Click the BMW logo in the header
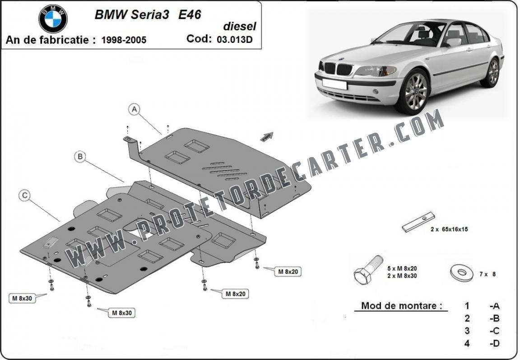click(x=53, y=19)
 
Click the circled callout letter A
click(x=134, y=109)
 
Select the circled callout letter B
click(x=80, y=157)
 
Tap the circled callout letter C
click(x=25, y=196)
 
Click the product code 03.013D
click(x=235, y=39)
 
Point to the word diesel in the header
click(x=240, y=27)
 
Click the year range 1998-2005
click(x=124, y=40)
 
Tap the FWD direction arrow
click(x=267, y=136)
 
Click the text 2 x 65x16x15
click(x=449, y=229)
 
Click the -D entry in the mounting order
click(x=494, y=344)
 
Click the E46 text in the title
click(x=190, y=14)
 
